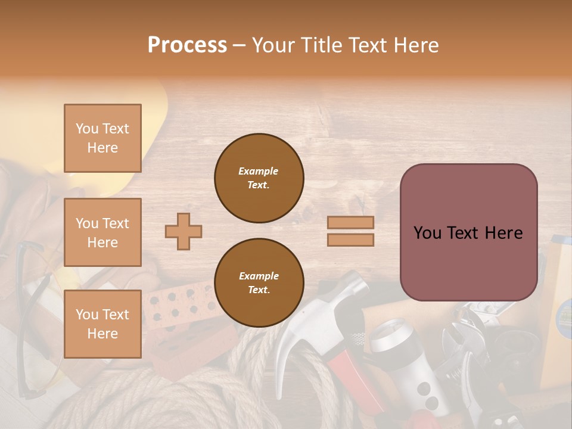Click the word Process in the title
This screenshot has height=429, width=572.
(x=187, y=45)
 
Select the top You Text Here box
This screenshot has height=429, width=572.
(x=102, y=138)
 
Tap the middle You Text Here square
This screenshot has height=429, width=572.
(x=102, y=232)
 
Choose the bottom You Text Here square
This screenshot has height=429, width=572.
(x=102, y=324)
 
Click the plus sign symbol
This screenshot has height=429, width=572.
(x=184, y=231)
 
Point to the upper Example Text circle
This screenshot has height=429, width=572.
(x=259, y=178)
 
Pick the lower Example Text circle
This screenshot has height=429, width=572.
(x=259, y=283)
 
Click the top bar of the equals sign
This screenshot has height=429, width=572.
(x=350, y=222)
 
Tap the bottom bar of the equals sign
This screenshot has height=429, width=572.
(x=350, y=240)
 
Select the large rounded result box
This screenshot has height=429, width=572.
(x=468, y=232)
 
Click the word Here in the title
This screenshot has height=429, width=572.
(x=416, y=45)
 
